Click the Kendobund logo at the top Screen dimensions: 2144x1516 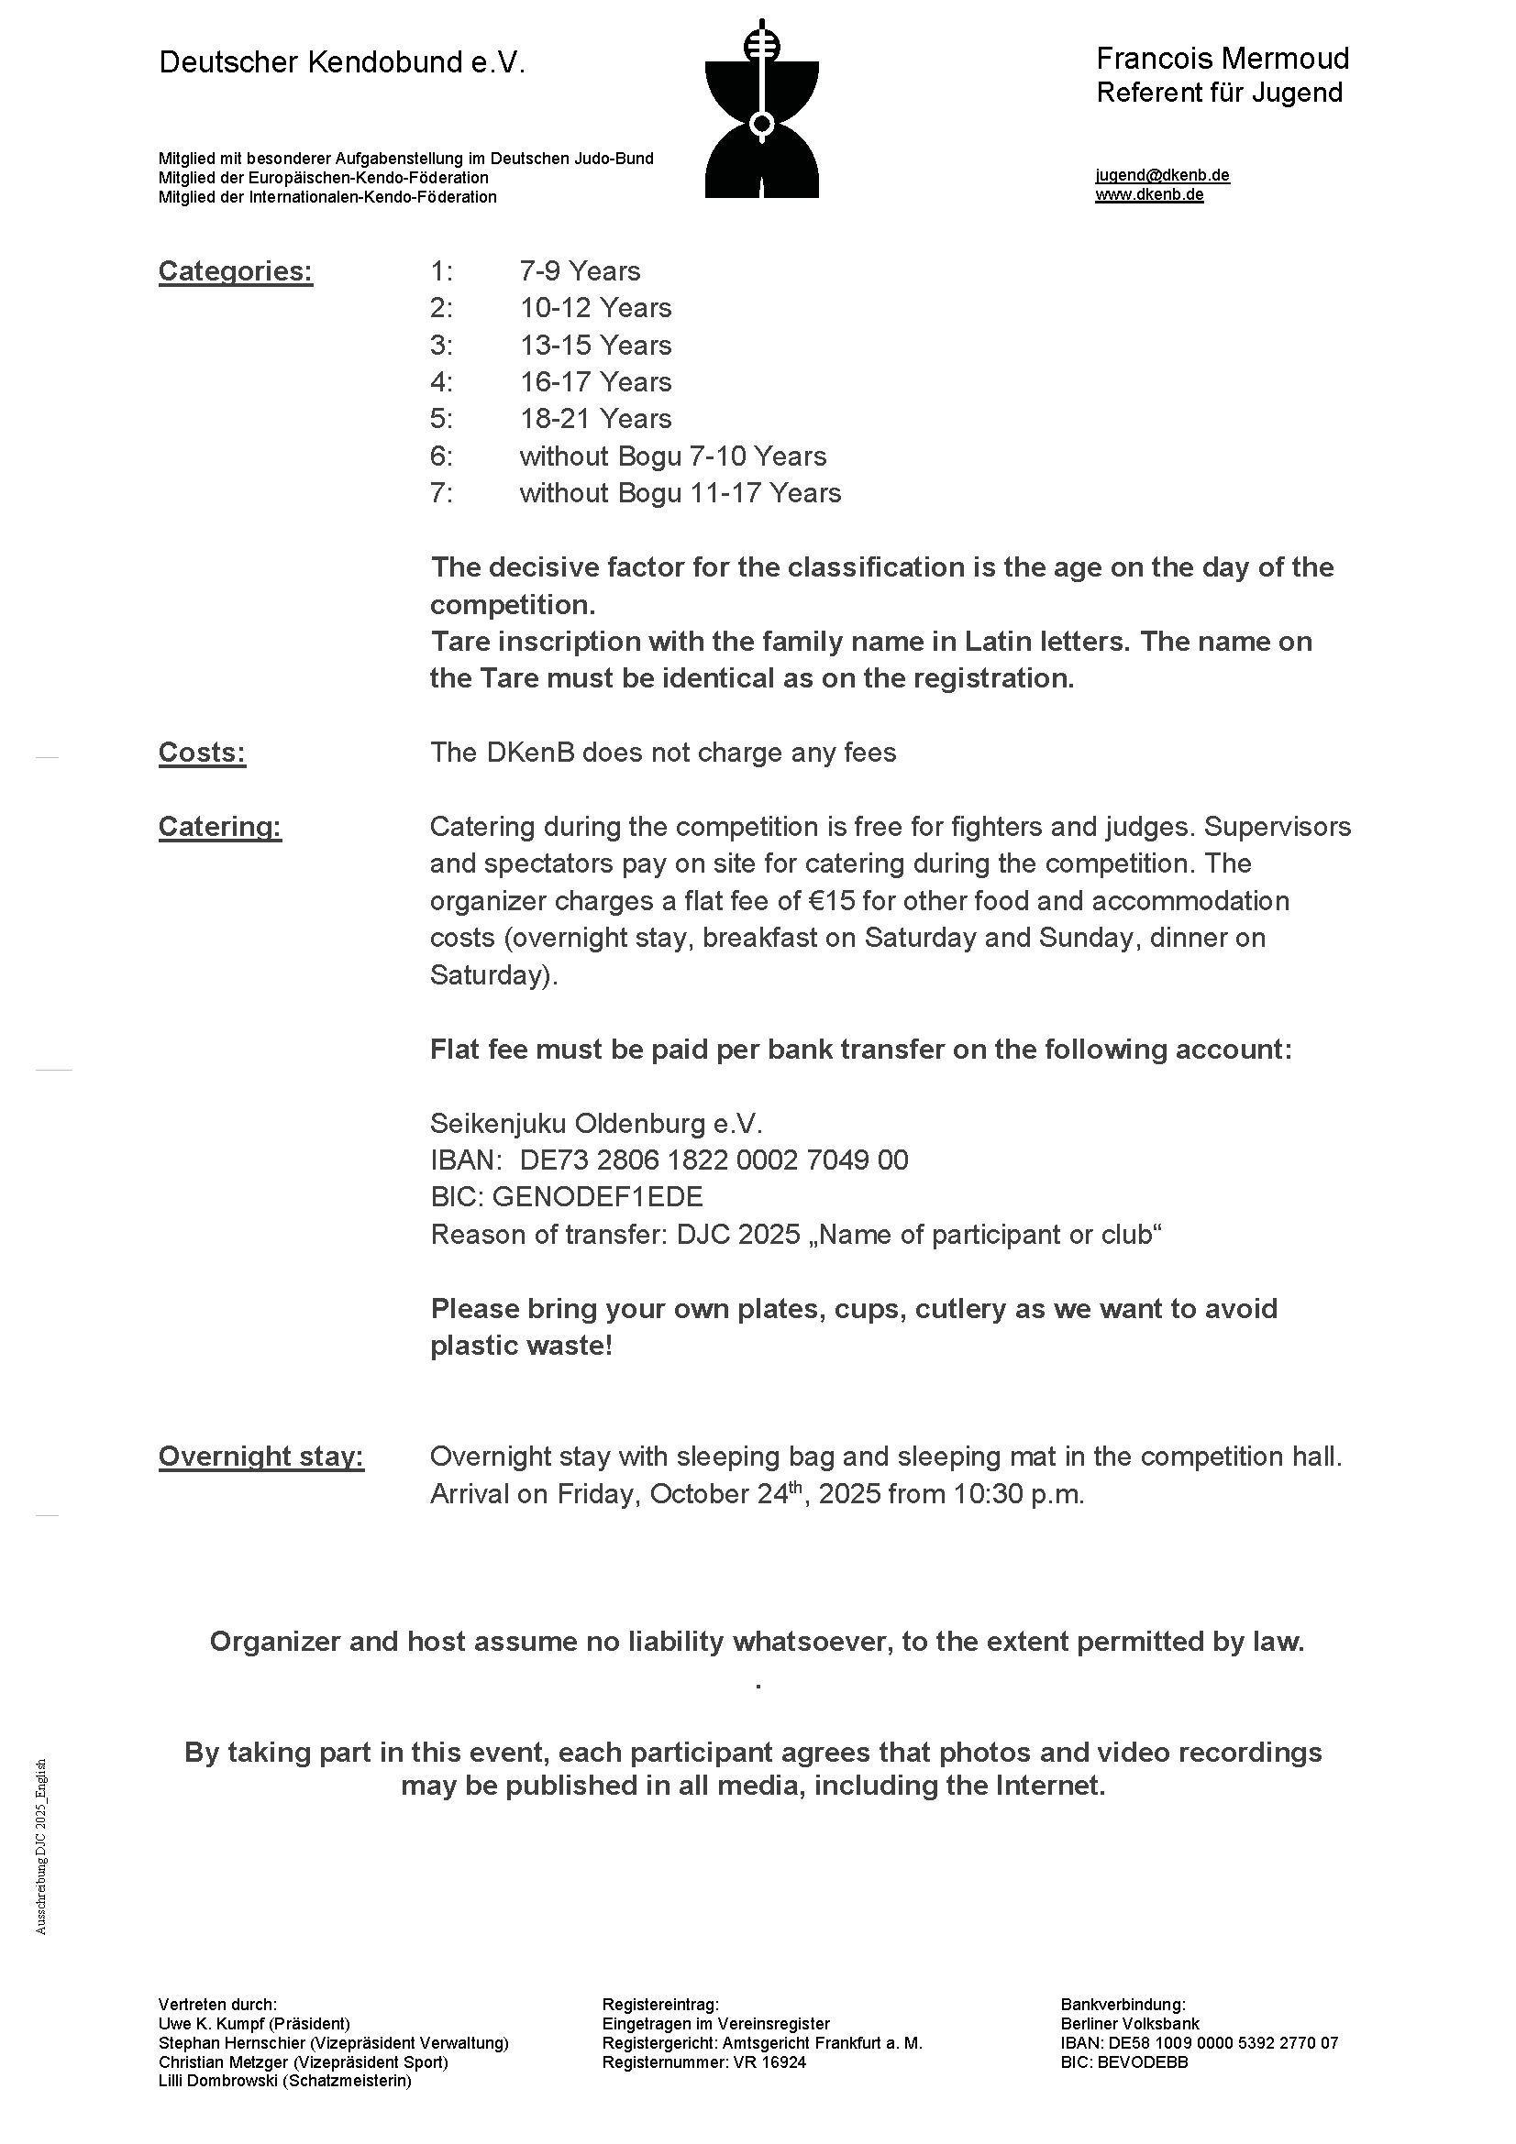tap(761, 109)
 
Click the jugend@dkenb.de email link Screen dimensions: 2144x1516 tap(1162, 176)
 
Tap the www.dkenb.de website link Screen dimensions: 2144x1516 tap(1149, 195)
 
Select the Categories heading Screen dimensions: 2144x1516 tap(236, 271)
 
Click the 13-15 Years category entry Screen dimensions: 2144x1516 tap(595, 346)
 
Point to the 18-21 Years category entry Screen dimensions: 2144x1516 tap(595, 419)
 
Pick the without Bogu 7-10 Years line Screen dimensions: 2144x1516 tap(672, 456)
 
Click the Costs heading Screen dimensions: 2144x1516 tap(202, 753)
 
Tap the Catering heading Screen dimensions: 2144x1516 tap(219, 828)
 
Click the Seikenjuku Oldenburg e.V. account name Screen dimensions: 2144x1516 tap(596, 1124)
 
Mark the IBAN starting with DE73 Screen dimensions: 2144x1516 tap(714, 1160)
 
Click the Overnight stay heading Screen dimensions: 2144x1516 tap(260, 1457)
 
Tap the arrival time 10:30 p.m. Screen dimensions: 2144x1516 tap(1018, 1495)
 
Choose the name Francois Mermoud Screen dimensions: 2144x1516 tap(1222, 60)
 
